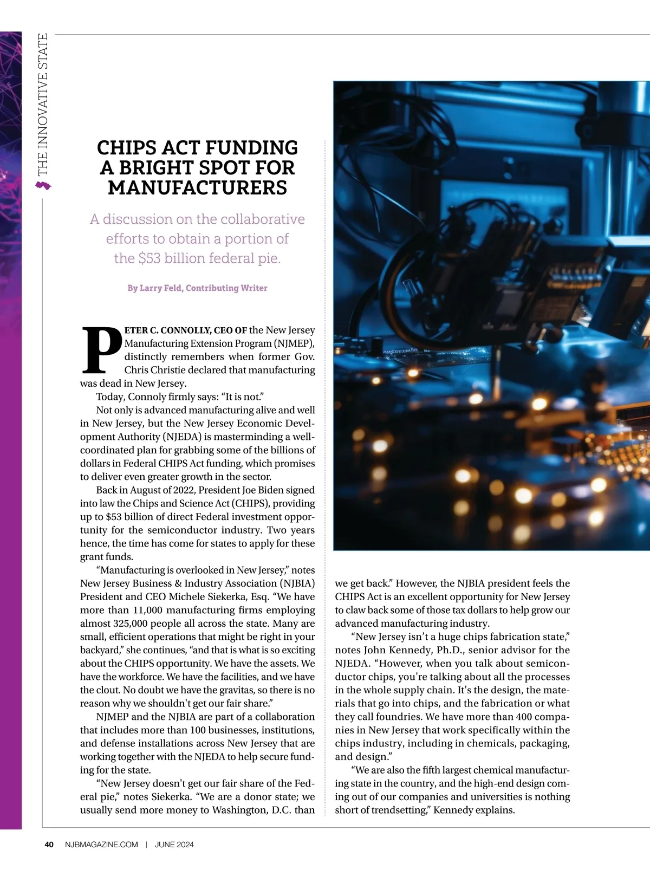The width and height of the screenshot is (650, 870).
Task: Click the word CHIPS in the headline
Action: [x=127, y=148]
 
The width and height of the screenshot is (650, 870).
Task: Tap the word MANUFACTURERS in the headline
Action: [x=197, y=188]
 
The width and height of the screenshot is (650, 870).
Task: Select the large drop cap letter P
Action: [x=101, y=349]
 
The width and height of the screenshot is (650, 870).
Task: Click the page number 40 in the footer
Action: [x=49, y=845]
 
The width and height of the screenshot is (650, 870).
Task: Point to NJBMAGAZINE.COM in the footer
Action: [x=101, y=845]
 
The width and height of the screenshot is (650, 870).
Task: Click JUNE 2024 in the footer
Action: [x=174, y=845]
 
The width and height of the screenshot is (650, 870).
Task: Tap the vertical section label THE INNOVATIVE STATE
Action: [x=43, y=105]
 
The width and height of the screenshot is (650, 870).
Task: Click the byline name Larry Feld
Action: [x=160, y=288]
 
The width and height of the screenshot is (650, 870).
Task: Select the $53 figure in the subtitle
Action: [x=149, y=258]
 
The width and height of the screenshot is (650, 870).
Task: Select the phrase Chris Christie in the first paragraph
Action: [x=155, y=370]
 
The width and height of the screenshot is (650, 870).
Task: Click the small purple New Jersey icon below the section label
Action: [x=43, y=186]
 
